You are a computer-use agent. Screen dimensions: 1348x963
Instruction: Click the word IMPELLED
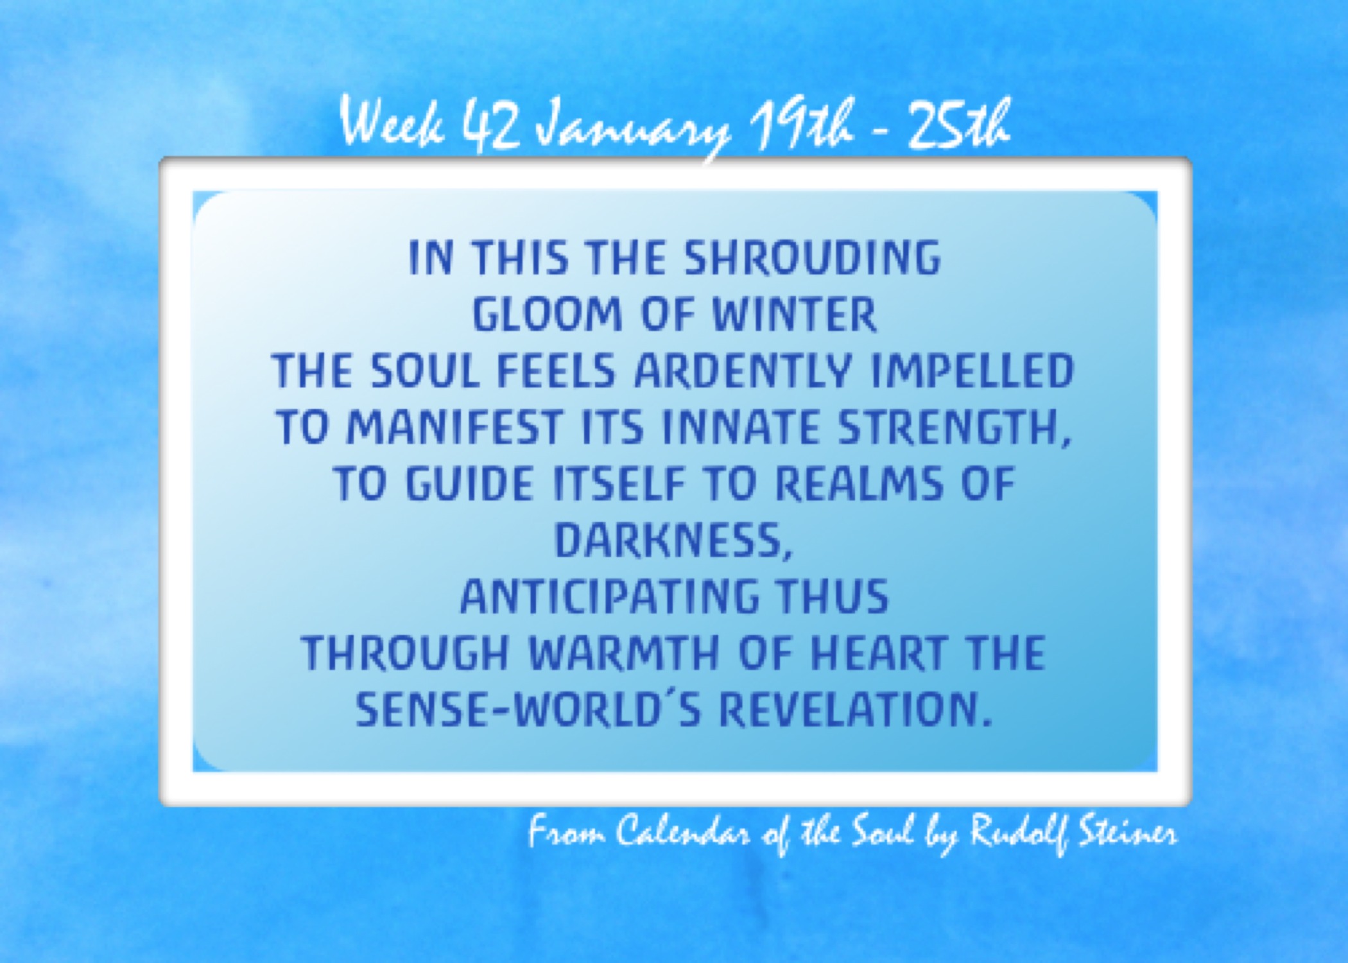[x=972, y=370]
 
